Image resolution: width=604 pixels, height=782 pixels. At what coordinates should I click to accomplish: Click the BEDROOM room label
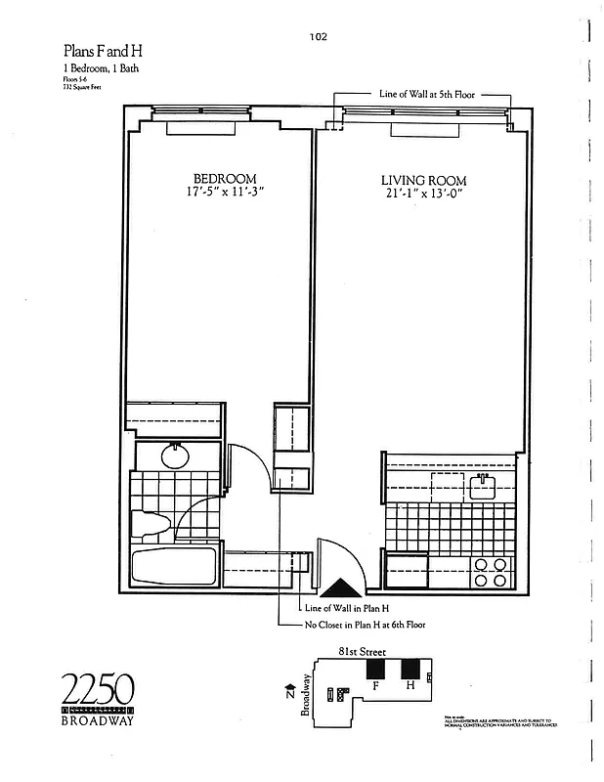[x=225, y=179]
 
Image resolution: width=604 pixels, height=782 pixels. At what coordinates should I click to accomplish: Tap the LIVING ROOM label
[x=422, y=181]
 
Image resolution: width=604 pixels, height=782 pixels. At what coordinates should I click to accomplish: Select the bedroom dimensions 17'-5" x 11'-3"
[x=224, y=194]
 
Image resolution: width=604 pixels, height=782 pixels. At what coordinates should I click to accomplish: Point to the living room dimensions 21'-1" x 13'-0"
[x=422, y=195]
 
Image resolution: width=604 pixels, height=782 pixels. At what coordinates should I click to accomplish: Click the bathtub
[x=175, y=568]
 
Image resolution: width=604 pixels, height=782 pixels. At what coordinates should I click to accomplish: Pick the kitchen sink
[x=484, y=486]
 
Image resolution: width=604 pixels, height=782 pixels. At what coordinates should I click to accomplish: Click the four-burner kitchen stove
[x=490, y=571]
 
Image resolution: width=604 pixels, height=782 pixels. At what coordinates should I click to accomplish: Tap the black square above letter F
[x=375, y=669]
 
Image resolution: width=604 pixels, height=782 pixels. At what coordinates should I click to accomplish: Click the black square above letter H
[x=410, y=669]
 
